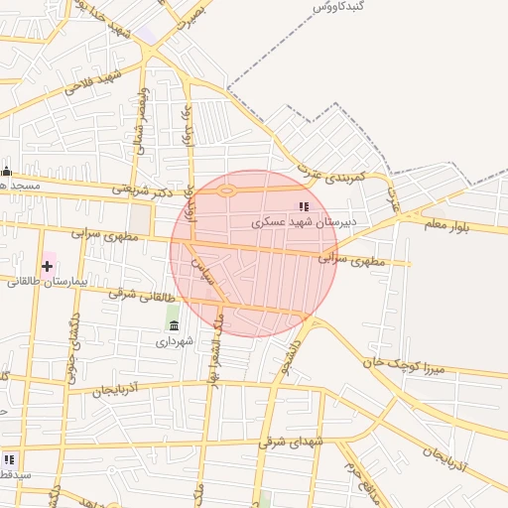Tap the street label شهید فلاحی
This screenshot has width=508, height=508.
point(91,82)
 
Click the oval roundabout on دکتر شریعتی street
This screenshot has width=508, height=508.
point(227,190)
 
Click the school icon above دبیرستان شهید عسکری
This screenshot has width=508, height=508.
point(303,206)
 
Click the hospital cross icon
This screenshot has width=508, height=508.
point(47,266)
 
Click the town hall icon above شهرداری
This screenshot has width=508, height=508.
point(175,325)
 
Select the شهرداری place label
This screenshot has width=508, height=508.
point(175,341)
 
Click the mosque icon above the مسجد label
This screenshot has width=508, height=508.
point(6,171)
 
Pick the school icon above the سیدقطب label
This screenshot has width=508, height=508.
point(9,459)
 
